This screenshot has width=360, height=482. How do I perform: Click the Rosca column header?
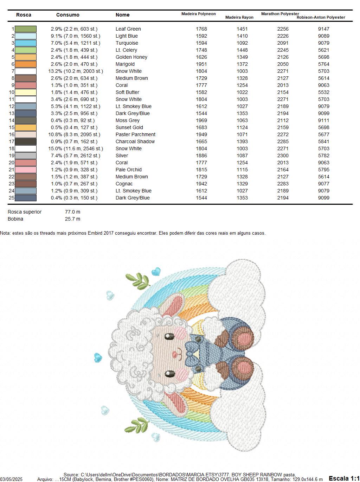[24, 15]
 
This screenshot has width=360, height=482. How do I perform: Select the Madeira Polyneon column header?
[198, 14]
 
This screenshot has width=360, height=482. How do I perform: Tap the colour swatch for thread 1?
[26, 29]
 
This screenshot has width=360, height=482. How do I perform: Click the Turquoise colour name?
[127, 43]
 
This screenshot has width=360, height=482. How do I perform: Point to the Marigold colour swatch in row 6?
[26, 64]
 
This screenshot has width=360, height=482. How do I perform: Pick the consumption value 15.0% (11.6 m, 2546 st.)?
[76, 148]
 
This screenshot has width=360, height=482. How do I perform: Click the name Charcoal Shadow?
[135, 141]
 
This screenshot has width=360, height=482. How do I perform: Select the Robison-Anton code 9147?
[323, 29]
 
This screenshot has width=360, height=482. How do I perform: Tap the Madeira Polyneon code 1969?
[201, 120]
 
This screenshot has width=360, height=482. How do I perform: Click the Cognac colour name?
[124, 184]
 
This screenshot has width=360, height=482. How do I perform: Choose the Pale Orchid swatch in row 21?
[26, 170]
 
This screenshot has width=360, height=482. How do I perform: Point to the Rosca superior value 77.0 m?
[72, 212]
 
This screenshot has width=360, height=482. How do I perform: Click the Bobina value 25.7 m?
[72, 219]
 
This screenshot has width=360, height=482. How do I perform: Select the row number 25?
[11, 198]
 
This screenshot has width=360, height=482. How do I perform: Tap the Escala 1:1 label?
[344, 478]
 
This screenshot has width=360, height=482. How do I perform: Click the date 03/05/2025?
[11, 480]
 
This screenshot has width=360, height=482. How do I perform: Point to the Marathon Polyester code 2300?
[283, 156]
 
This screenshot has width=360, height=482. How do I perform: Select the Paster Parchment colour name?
[135, 134]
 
